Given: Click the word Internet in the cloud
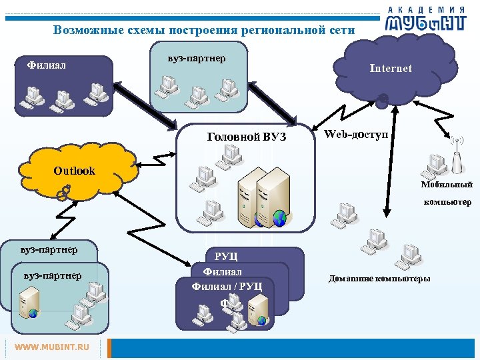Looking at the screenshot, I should pos(391,69).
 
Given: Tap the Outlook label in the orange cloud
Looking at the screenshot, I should pos(74,171).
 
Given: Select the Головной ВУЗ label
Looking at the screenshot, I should pos(247,137).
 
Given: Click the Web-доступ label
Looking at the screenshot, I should pos(356,134).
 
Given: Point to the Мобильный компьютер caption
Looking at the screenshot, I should pos(446,193).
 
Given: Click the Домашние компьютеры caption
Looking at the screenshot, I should pos(379,278).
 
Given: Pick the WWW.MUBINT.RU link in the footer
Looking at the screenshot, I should pos(51,347).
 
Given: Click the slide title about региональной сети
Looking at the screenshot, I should pos(204,30).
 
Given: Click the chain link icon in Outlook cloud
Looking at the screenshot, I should pos(63,192).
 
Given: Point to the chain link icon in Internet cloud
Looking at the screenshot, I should pos(383,101).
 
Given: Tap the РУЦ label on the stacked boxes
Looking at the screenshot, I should pos(226,257).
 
